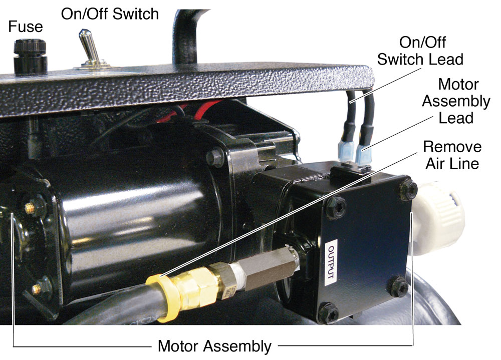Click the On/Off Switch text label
click(x=110, y=14)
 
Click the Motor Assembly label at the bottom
click(x=214, y=345)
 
